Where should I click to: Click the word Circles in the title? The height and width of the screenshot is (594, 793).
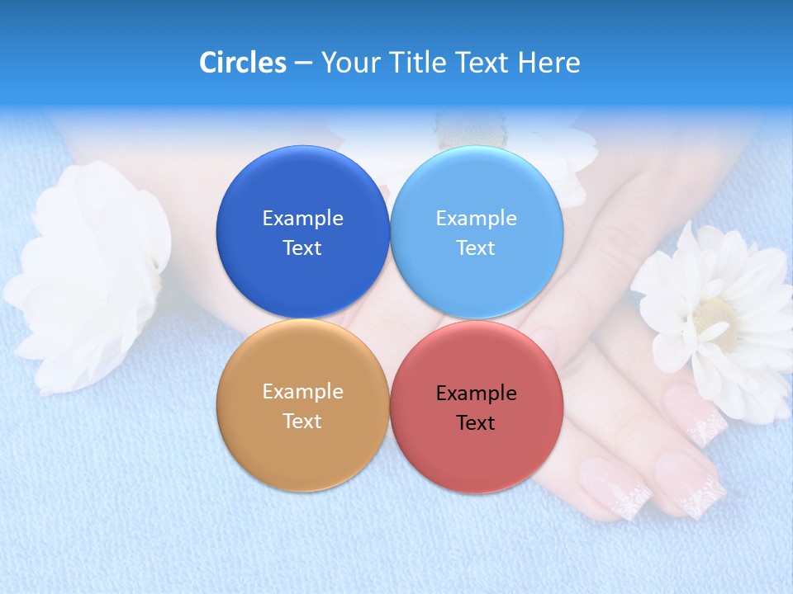click(242, 63)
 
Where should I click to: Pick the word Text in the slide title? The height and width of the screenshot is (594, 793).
click(484, 63)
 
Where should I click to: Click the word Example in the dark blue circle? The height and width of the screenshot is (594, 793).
click(302, 218)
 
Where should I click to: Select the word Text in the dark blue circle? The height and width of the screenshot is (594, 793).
click(302, 248)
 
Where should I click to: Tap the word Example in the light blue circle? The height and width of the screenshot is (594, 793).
click(476, 218)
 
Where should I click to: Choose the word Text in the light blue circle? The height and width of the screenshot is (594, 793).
click(476, 248)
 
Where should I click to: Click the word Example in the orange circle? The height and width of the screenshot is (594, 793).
click(302, 391)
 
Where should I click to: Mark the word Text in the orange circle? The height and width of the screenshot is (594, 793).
click(302, 422)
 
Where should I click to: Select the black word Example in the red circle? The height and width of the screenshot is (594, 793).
click(476, 393)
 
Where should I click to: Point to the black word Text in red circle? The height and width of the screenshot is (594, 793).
click(476, 423)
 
